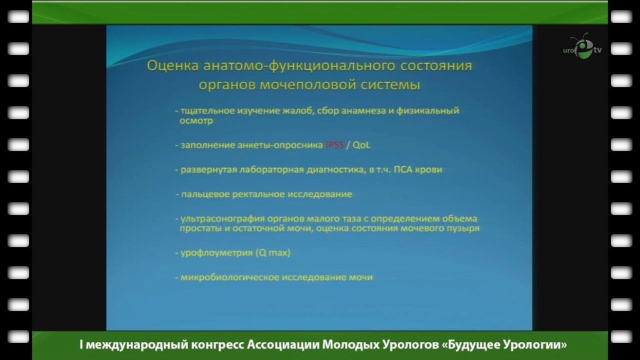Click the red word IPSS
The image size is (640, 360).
click(334, 145)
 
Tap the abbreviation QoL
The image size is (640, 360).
click(361, 145)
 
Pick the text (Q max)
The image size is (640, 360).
click(273, 253)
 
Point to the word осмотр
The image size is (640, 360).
click(196, 121)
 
